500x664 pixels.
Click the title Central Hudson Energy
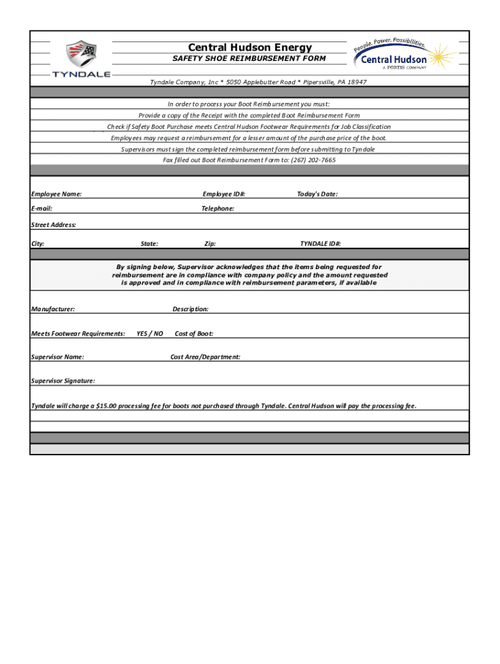[250, 47]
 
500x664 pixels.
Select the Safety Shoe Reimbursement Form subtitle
[249, 58]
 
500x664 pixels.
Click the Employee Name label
[56, 194]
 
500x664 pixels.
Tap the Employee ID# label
[224, 194]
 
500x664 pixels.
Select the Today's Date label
[317, 194]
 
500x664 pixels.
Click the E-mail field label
[42, 209]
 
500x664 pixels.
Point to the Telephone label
[218, 209]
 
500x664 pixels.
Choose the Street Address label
[53, 224]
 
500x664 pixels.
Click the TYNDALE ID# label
[320, 244]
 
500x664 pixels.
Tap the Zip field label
[210, 244]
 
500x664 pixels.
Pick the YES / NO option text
[149, 333]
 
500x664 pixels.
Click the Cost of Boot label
[194, 333]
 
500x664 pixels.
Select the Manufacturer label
[53, 309]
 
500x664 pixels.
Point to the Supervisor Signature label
[63, 381]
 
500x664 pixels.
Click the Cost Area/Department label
[205, 357]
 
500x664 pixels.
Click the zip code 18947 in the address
[357, 82]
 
